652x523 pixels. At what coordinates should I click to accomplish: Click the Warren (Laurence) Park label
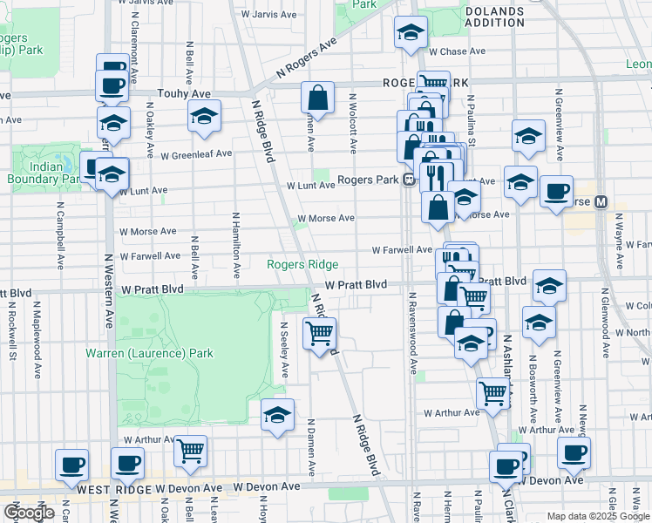coord(149,354)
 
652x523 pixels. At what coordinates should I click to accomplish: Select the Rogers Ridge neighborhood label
coord(302,264)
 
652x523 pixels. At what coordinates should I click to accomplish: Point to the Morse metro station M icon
coord(601,202)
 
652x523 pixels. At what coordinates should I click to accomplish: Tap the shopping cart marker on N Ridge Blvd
coord(320,334)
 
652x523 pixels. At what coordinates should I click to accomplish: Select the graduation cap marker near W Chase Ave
coord(411,33)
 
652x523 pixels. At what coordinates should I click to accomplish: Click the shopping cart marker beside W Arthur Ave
coord(493,395)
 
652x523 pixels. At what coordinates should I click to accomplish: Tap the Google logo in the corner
coord(29,513)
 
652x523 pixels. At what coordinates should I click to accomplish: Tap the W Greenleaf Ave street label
coord(196,154)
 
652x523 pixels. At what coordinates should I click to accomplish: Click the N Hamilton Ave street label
coord(235,237)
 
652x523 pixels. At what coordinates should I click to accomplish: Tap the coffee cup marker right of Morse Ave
coord(556,192)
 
